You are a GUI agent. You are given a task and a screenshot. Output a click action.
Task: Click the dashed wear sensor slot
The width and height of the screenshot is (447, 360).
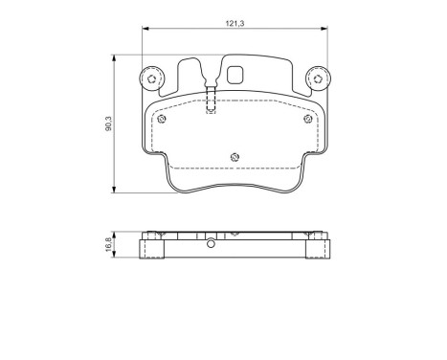click(x=211, y=101)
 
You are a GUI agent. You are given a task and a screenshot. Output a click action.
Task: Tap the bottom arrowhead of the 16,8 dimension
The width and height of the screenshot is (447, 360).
click(x=116, y=259)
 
